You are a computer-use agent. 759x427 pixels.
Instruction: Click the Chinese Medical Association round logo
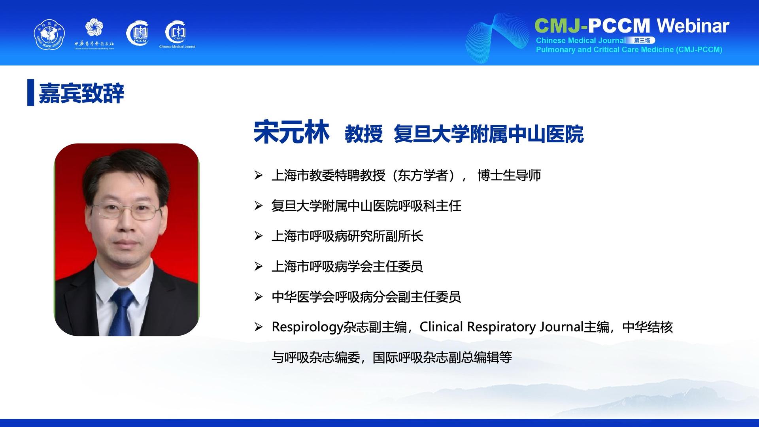point(49,35)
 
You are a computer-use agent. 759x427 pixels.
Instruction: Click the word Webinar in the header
point(693,26)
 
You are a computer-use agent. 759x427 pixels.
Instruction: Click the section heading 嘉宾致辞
point(81,93)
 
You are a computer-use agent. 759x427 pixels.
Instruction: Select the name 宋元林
point(291,132)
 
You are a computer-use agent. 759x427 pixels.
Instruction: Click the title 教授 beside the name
point(364,134)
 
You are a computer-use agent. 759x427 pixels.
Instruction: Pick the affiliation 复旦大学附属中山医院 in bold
point(489,134)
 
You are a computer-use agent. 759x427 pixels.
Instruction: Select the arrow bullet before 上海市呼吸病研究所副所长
point(259,236)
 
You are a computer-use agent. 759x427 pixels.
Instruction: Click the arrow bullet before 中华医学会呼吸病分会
point(259,297)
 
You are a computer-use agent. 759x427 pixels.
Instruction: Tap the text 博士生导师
point(509,175)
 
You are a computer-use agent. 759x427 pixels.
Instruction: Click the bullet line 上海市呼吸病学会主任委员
point(347,266)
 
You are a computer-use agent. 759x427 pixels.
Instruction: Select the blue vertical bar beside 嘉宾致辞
point(30,93)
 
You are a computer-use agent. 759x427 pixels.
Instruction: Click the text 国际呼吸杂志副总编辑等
point(442,357)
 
